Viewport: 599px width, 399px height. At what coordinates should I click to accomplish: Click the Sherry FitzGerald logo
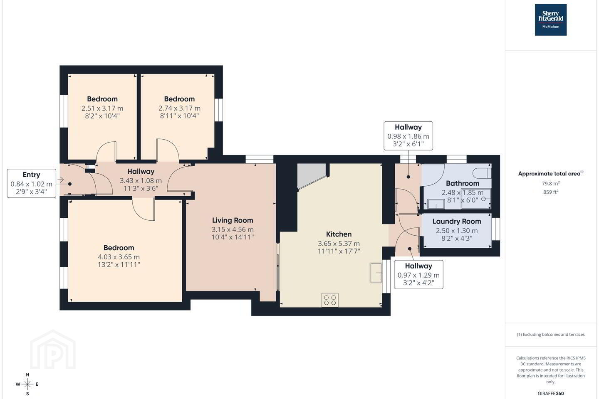point(551,20)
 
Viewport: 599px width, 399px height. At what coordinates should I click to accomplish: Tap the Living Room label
point(233,220)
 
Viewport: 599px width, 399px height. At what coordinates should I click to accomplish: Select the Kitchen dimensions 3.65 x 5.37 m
point(339,244)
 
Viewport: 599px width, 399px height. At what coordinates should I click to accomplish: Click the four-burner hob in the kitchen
point(330,300)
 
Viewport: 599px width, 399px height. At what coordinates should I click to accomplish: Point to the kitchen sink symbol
point(376,273)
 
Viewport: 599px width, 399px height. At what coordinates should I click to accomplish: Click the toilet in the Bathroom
point(482,173)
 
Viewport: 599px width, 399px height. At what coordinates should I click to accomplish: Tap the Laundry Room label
point(456,221)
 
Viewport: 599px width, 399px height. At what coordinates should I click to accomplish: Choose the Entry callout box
point(32,183)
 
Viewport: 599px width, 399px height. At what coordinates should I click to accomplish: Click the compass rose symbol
point(27,384)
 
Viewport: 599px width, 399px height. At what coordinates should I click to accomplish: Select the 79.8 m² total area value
point(551,184)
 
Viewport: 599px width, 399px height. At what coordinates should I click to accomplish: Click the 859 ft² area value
point(551,192)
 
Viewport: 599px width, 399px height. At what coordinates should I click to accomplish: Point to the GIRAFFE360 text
point(551,393)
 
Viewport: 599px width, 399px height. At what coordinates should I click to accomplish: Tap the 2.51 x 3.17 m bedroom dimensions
point(102,108)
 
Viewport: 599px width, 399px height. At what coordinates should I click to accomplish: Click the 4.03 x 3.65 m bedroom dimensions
point(119,257)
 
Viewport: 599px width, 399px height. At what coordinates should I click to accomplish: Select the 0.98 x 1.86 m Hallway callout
point(408,136)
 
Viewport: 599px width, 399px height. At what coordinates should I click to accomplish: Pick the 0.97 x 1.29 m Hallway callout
point(418,275)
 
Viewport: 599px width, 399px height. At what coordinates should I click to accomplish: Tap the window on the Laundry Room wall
point(495,229)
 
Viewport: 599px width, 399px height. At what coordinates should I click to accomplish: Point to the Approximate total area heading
point(551,173)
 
